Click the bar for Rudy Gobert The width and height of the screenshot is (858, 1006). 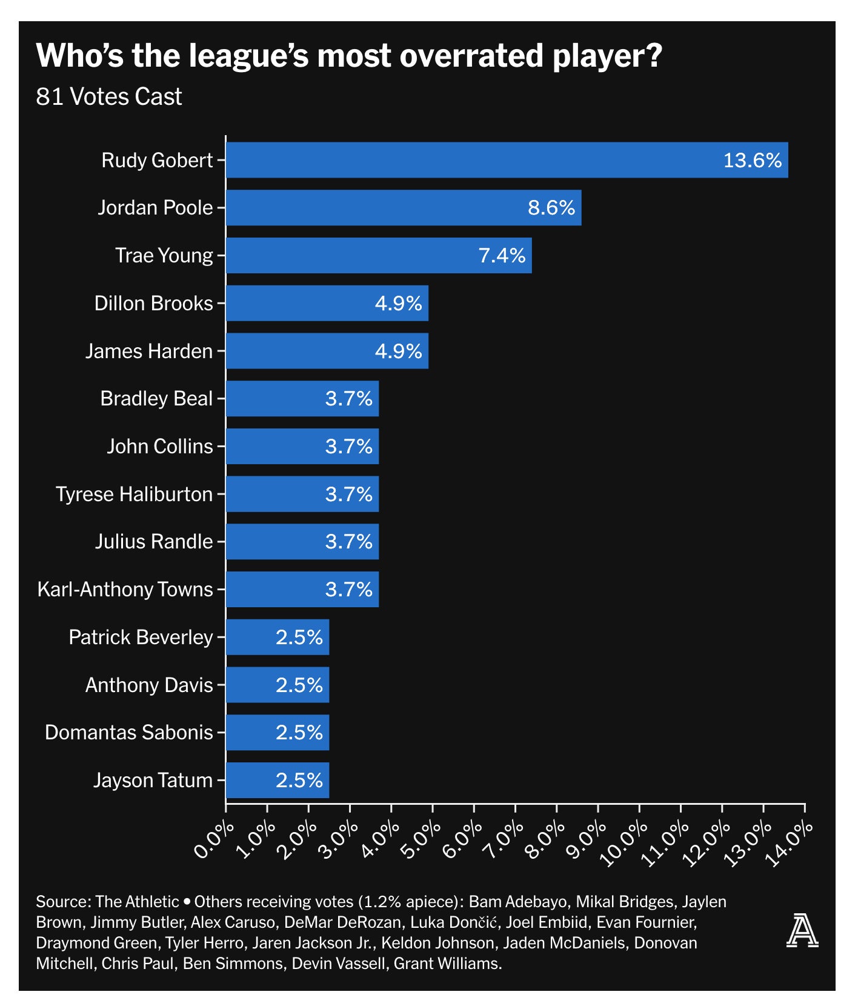click(507, 160)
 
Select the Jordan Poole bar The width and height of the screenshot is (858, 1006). click(404, 208)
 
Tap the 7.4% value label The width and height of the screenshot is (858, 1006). click(502, 256)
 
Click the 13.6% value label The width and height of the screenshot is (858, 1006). click(752, 161)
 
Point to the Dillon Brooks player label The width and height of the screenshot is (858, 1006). click(154, 303)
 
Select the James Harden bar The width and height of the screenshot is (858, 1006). click(327, 351)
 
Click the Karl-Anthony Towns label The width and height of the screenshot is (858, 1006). click(125, 590)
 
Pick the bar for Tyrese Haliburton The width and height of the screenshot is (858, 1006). click(302, 494)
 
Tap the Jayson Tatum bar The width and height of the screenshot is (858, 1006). click(278, 780)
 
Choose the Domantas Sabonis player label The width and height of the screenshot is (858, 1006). click(129, 733)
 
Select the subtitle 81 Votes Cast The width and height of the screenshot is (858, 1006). click(109, 97)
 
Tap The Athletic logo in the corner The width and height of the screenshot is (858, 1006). click(802, 931)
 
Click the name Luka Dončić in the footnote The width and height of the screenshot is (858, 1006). click(454, 922)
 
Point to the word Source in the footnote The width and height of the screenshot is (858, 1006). click(62, 902)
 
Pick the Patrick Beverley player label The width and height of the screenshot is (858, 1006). click(141, 638)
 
